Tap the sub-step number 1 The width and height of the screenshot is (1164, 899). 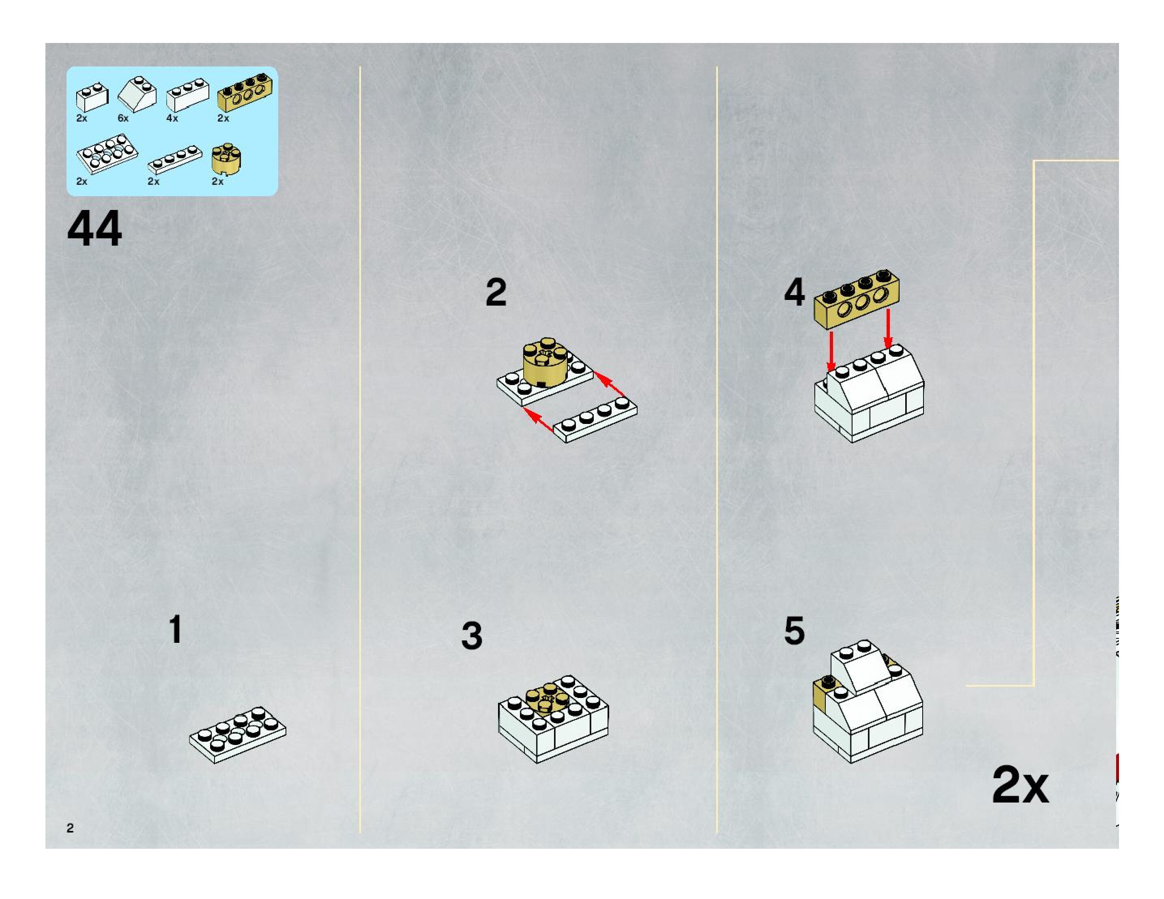click(x=175, y=629)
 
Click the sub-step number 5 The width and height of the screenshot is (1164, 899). click(x=794, y=631)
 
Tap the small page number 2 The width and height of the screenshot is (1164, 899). click(x=70, y=828)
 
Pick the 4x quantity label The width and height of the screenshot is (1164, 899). click(x=172, y=118)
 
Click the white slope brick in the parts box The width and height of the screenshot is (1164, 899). click(x=137, y=94)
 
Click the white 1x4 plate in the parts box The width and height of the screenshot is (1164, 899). click(x=175, y=159)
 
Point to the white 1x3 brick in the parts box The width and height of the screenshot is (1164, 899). click(x=188, y=95)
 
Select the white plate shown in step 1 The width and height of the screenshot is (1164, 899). click(x=238, y=734)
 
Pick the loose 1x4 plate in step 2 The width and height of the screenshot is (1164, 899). click(x=596, y=419)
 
